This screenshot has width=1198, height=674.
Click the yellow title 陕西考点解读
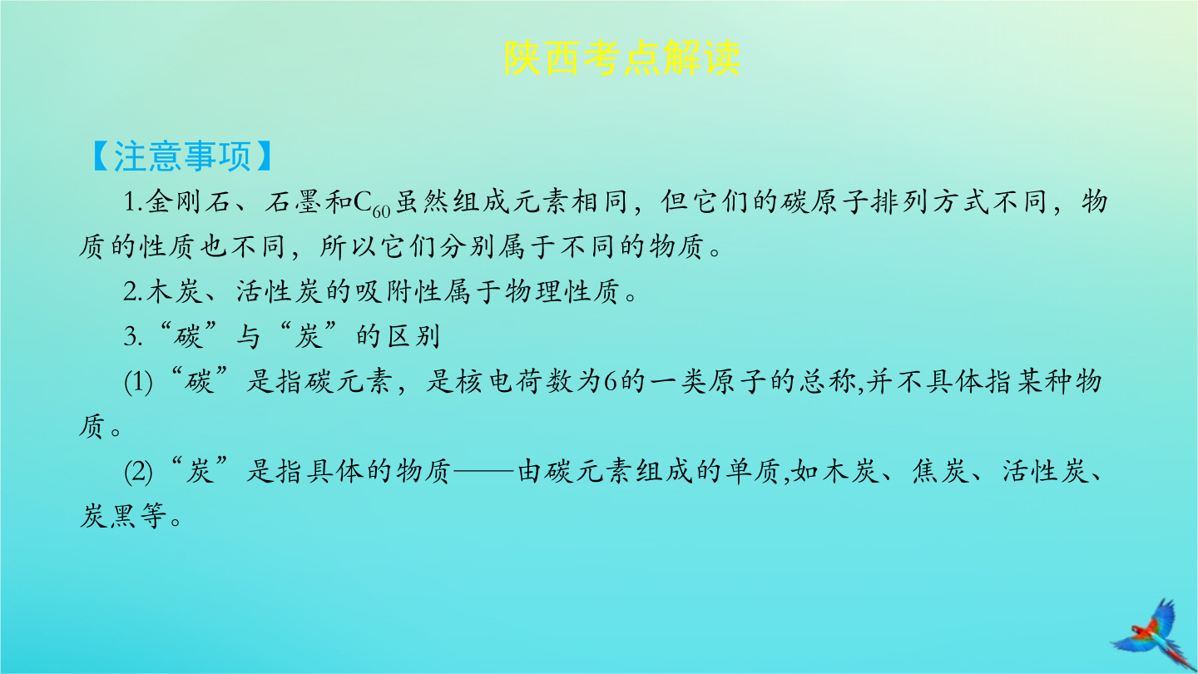622,57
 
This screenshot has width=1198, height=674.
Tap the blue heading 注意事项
182,156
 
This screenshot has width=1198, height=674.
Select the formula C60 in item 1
372,204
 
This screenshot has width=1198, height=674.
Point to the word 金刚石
187,202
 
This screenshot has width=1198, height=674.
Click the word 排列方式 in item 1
930,202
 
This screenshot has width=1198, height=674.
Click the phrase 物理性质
562,292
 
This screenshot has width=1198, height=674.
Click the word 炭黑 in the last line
107,517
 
